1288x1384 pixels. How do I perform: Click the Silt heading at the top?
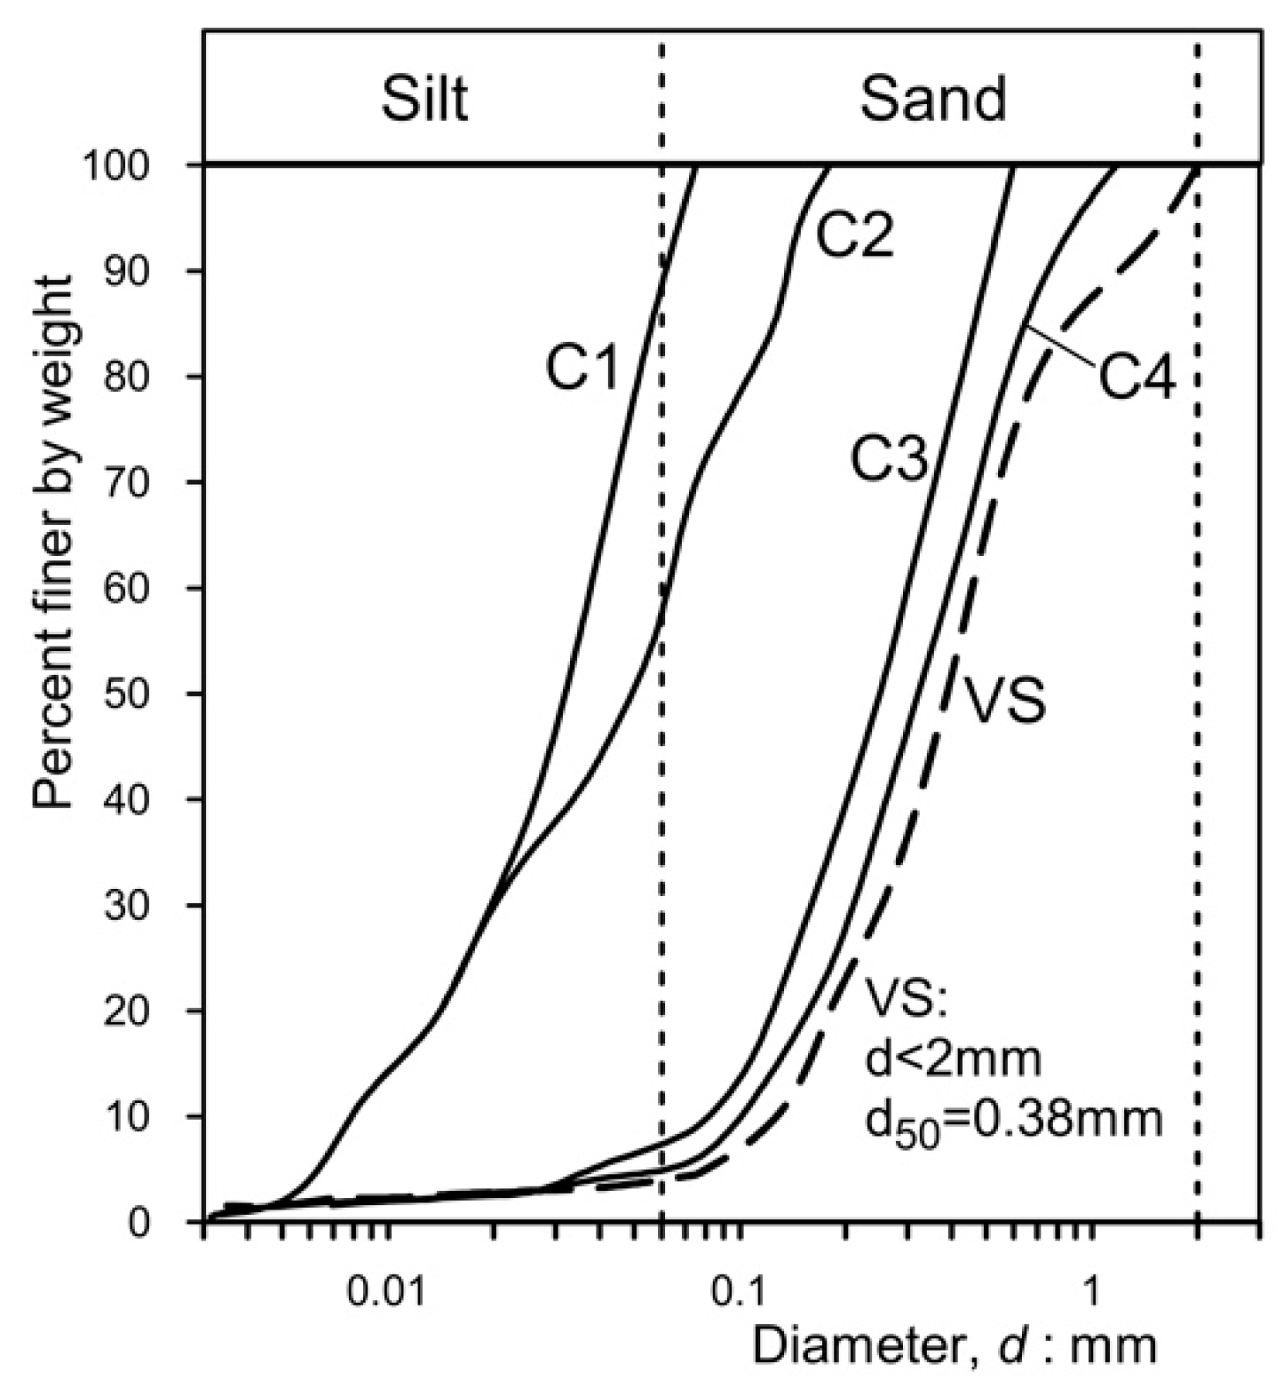(424, 100)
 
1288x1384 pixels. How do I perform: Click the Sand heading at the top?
(933, 100)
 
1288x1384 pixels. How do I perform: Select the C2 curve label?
(853, 236)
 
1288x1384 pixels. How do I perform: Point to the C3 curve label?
(889, 460)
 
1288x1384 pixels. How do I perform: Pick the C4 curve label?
(1136, 380)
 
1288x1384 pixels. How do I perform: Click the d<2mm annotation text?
(952, 1060)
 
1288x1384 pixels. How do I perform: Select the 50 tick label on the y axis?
(152, 694)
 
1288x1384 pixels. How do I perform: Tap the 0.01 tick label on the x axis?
(384, 1291)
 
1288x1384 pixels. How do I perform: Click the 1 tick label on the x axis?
(1091, 1291)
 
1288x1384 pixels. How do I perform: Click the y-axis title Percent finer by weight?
(54, 541)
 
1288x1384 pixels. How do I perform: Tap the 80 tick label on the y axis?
(152, 377)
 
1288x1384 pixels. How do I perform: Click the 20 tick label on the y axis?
(152, 1011)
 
